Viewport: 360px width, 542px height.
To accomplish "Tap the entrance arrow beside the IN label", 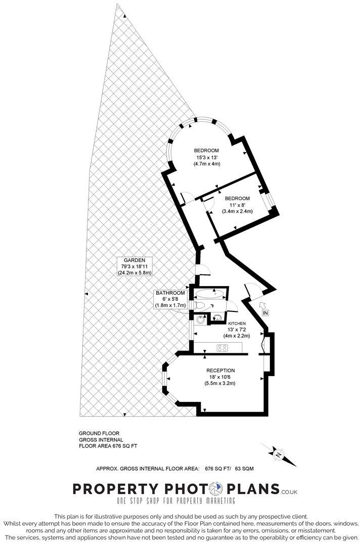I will click(262, 304).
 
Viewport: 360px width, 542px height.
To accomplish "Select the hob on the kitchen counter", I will click(222, 347).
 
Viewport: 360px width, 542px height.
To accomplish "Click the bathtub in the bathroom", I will click(211, 293).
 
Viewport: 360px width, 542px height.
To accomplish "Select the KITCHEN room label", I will click(237, 323).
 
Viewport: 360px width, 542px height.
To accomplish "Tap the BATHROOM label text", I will click(170, 293).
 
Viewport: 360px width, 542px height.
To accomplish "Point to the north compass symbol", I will click(279, 455).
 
